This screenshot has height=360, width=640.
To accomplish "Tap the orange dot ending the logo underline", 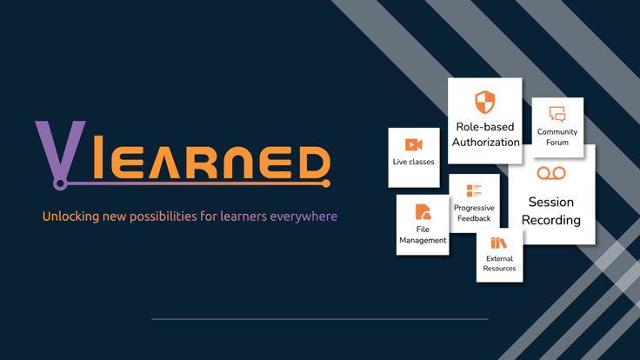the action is point(326,183).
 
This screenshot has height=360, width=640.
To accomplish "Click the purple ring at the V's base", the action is point(60,184).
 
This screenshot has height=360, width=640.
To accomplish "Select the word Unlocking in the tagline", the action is point(70,217).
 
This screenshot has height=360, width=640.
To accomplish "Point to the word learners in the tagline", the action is point(243,217).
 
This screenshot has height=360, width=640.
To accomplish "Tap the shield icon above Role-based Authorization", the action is point(485,102).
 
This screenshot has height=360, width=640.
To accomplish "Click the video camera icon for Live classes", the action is point(413,144).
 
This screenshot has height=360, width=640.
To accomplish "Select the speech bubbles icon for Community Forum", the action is point(557,114).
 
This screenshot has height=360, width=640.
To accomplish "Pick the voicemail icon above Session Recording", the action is point(551,173).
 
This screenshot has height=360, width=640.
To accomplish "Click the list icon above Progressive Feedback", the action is point(474,190).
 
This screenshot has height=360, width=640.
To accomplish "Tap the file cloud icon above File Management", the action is point(423,212).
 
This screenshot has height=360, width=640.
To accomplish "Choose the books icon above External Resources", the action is point(498,243).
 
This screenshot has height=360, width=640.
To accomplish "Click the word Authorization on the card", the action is point(486,142).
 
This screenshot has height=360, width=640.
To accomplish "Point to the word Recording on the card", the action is point(551,220).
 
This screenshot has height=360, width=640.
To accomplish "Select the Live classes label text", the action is point(413,162).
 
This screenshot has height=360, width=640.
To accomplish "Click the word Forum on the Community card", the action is point(557,143).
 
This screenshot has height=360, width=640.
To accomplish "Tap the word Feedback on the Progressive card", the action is point(474,218).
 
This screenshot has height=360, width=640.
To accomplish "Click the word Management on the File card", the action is point(423,240).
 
